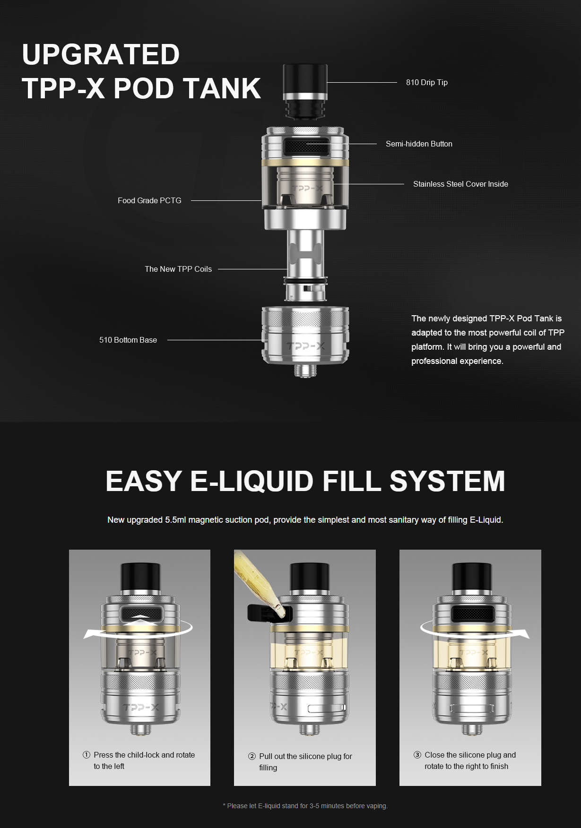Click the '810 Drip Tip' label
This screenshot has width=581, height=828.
click(426, 82)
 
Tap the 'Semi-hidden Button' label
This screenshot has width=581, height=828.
click(419, 144)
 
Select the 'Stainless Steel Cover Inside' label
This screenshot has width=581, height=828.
click(460, 184)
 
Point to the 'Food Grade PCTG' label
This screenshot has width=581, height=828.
click(149, 200)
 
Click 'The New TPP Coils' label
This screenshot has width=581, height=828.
click(178, 269)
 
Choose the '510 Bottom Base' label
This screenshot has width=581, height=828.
click(128, 340)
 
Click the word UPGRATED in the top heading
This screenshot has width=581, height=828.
click(101, 54)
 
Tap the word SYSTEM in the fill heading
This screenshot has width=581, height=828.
click(447, 481)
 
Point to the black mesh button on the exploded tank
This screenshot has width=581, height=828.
click(306, 147)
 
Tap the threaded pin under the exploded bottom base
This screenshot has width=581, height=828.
click(305, 371)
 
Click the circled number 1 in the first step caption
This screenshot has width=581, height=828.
click(87, 755)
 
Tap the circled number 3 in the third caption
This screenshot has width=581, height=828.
click(417, 755)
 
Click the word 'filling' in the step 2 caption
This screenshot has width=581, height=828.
click(268, 768)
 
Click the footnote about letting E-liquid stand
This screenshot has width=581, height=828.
click(305, 806)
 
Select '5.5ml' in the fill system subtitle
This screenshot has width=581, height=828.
click(175, 520)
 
